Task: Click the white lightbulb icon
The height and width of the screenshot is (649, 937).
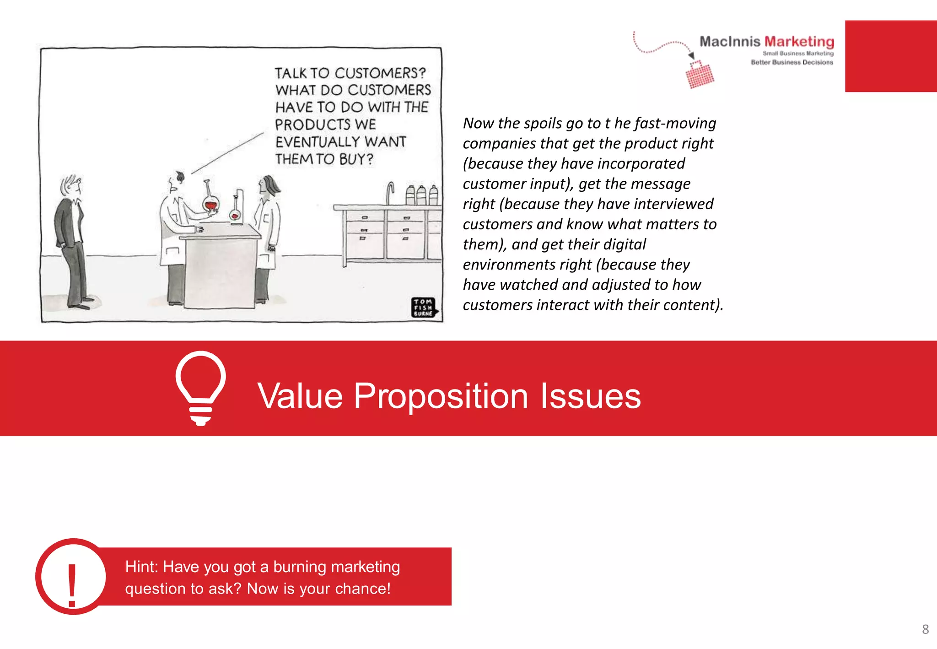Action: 200,387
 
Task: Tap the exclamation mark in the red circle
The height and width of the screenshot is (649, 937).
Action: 72,584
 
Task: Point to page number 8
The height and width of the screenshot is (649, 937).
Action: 925,629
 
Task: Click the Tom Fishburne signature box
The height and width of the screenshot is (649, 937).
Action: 423,308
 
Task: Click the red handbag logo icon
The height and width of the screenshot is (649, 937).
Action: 700,75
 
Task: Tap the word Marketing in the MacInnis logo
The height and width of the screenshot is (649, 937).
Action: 799,42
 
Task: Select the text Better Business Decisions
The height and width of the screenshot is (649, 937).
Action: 792,62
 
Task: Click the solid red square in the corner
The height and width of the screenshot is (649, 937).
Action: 890,56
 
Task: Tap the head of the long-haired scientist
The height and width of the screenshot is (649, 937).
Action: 269,185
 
